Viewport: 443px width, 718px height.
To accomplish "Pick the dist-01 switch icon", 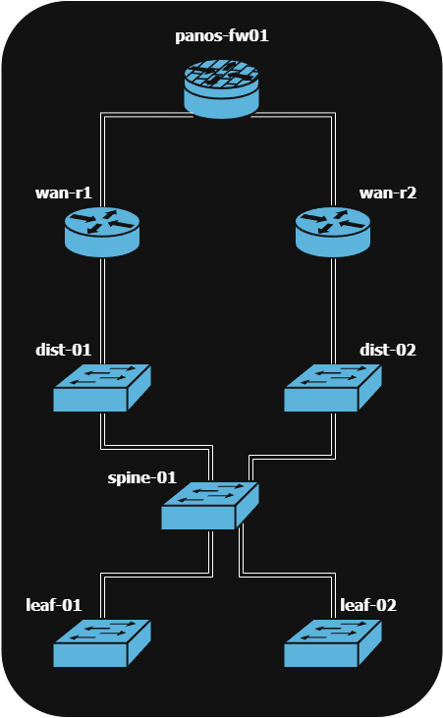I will click(x=102, y=388).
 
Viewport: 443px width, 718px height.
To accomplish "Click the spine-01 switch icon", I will click(x=211, y=506).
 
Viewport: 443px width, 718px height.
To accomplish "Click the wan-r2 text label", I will click(x=387, y=193).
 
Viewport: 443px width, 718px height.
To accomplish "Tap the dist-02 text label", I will click(x=387, y=349).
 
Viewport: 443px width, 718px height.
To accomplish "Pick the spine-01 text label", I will click(x=141, y=478).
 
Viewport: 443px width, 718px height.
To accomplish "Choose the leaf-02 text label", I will click(x=368, y=604).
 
